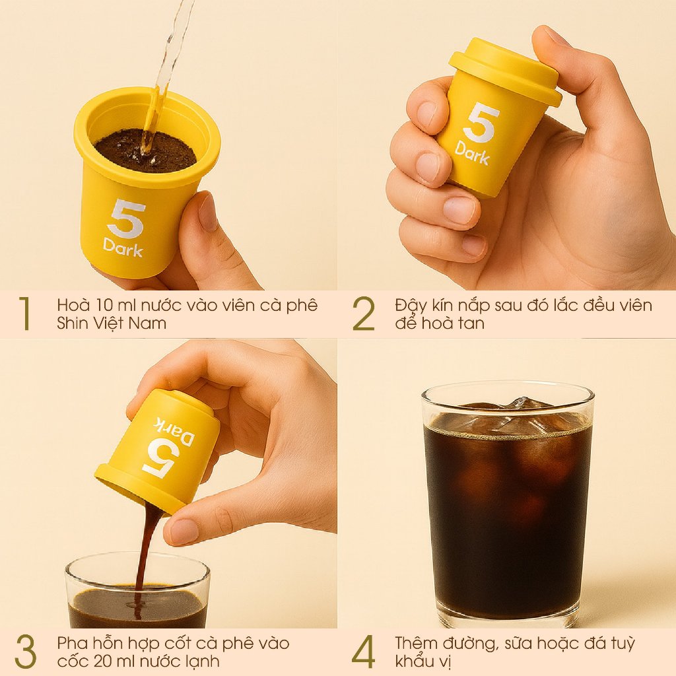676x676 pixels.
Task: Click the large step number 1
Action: coord(26,314)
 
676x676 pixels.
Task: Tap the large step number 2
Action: coord(364,314)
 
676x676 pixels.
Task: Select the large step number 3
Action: coord(26,652)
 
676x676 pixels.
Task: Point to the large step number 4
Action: coord(364,652)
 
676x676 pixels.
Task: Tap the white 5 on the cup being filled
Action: coord(125,219)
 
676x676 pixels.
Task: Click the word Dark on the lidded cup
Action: coord(472,153)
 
